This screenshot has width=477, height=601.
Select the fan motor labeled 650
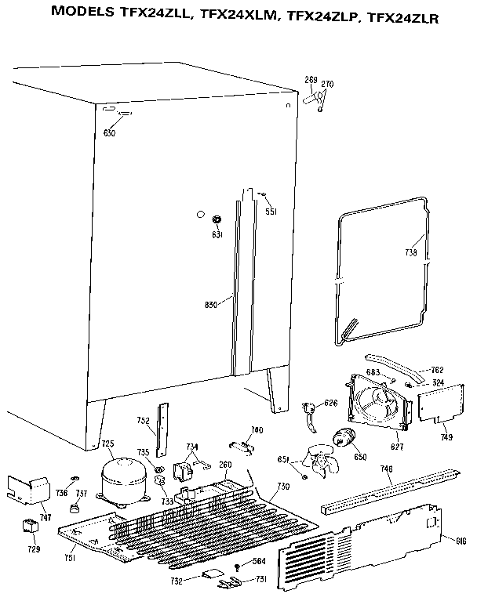[x=344, y=440]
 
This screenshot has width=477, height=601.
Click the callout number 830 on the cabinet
[x=211, y=305]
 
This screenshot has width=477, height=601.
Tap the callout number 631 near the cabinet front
[x=217, y=234]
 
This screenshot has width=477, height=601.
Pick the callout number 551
[x=271, y=212]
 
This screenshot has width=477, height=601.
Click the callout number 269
[x=310, y=80]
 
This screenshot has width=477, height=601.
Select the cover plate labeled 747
[x=27, y=490]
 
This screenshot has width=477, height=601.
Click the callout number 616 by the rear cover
[x=461, y=541]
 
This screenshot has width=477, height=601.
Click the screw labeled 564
[x=236, y=566]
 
